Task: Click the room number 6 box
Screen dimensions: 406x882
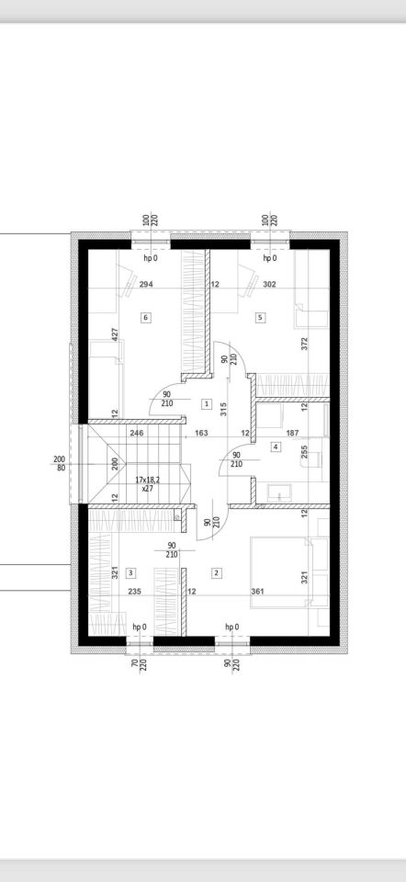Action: pos(146,318)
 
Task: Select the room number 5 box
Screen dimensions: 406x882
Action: pos(260,318)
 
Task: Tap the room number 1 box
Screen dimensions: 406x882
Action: pos(207,403)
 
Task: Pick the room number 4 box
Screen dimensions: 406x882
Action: pos(276,447)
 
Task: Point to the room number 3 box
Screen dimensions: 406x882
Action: pos(130,573)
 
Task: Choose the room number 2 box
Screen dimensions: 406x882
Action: pos(216,573)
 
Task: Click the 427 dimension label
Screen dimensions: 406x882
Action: pos(115,335)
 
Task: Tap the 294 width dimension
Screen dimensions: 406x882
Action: pos(146,285)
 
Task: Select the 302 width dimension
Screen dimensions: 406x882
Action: pos(269,285)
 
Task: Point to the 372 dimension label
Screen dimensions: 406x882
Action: pos(304,344)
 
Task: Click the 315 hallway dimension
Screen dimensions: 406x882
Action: pos(223,408)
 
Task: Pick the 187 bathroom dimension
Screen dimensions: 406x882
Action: pos(292,433)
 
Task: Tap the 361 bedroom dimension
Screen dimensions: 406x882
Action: pos(257,592)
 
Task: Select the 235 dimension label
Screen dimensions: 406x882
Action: pos(135,592)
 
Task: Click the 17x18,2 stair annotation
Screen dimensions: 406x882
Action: pos(147,481)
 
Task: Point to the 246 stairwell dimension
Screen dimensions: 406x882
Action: pos(137,433)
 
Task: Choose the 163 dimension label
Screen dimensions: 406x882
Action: pos(202,433)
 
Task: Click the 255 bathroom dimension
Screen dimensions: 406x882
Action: pos(304,452)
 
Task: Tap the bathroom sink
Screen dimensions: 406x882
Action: pos(277,492)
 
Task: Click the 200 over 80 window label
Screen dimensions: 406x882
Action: pos(60,463)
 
